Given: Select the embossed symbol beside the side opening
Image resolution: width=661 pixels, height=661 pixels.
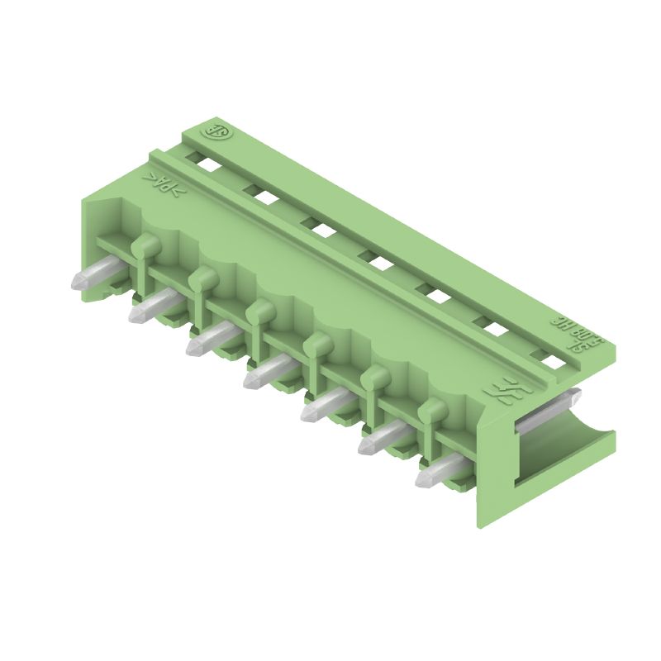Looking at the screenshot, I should click(x=501, y=390).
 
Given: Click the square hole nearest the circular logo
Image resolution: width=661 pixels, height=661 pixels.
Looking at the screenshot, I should click(x=207, y=164).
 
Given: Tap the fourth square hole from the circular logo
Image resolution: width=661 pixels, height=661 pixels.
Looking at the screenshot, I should click(x=380, y=262).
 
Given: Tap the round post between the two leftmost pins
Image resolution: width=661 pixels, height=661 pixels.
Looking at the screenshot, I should click(x=145, y=245).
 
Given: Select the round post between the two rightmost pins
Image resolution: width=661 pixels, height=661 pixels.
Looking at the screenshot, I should click(x=431, y=409).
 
